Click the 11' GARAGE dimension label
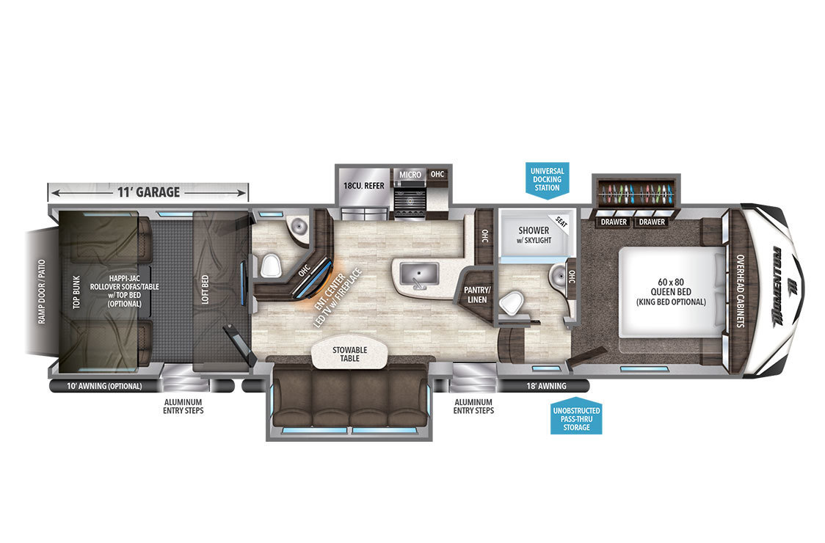click(148, 192)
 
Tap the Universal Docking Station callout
click(548, 180)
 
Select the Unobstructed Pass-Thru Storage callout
click(576, 417)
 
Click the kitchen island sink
click(419, 274)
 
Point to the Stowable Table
click(350, 354)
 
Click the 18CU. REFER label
click(363, 186)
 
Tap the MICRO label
click(410, 175)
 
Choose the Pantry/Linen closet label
click(476, 295)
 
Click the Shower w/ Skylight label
click(534, 235)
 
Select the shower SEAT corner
click(561, 222)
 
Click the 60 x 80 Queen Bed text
click(671, 291)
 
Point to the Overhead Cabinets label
click(741, 291)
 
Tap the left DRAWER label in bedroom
click(614, 222)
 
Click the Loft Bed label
click(206, 289)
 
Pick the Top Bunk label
click(77, 292)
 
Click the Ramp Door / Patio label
click(42, 291)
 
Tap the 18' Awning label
click(546, 386)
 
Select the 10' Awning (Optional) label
click(104, 386)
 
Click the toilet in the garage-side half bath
click(269, 266)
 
